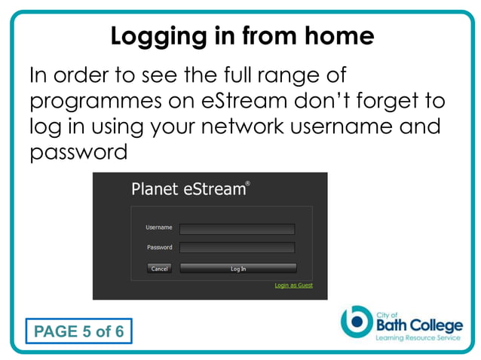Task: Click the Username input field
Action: coord(237,229)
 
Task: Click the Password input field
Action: coord(237,247)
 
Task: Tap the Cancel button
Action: coord(160,268)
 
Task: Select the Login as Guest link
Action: coord(293,285)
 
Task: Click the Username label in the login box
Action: coord(158,227)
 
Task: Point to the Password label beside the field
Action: coord(159,247)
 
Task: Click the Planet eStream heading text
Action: coord(188,189)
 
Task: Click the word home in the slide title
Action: coord(339,36)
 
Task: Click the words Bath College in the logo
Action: coord(418,325)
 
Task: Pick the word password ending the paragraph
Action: coord(78,152)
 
